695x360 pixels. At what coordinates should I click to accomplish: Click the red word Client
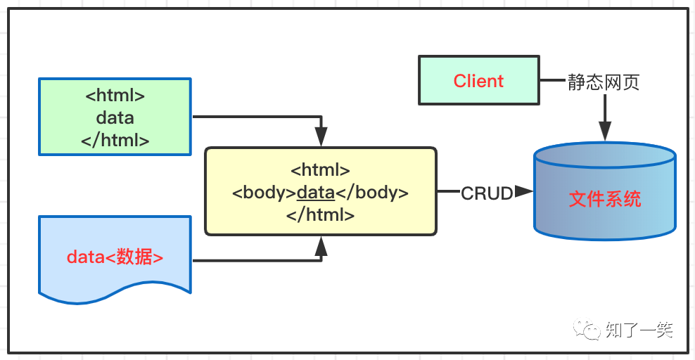[478, 81]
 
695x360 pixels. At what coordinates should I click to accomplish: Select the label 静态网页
[604, 82]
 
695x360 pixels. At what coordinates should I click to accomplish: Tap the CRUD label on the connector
[487, 193]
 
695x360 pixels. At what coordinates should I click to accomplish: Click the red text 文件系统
[605, 199]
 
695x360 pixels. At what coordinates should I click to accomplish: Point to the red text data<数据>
[115, 257]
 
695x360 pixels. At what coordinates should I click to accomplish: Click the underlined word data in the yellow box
[316, 193]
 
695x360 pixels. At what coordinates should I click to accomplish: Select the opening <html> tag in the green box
[115, 95]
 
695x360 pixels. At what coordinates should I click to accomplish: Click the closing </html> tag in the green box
[115, 140]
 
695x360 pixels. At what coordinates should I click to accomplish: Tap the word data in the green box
[115, 117]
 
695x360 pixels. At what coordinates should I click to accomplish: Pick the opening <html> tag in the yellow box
[320, 170]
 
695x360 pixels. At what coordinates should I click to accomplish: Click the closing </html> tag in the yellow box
[320, 215]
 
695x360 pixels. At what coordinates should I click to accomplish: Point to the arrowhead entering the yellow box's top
[321, 138]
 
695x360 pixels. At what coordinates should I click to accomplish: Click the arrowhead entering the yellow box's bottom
[321, 244]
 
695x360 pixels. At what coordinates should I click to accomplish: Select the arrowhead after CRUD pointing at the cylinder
[523, 191]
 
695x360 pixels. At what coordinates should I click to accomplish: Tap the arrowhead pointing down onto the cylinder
[604, 130]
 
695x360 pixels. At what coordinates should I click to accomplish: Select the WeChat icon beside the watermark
[587, 329]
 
